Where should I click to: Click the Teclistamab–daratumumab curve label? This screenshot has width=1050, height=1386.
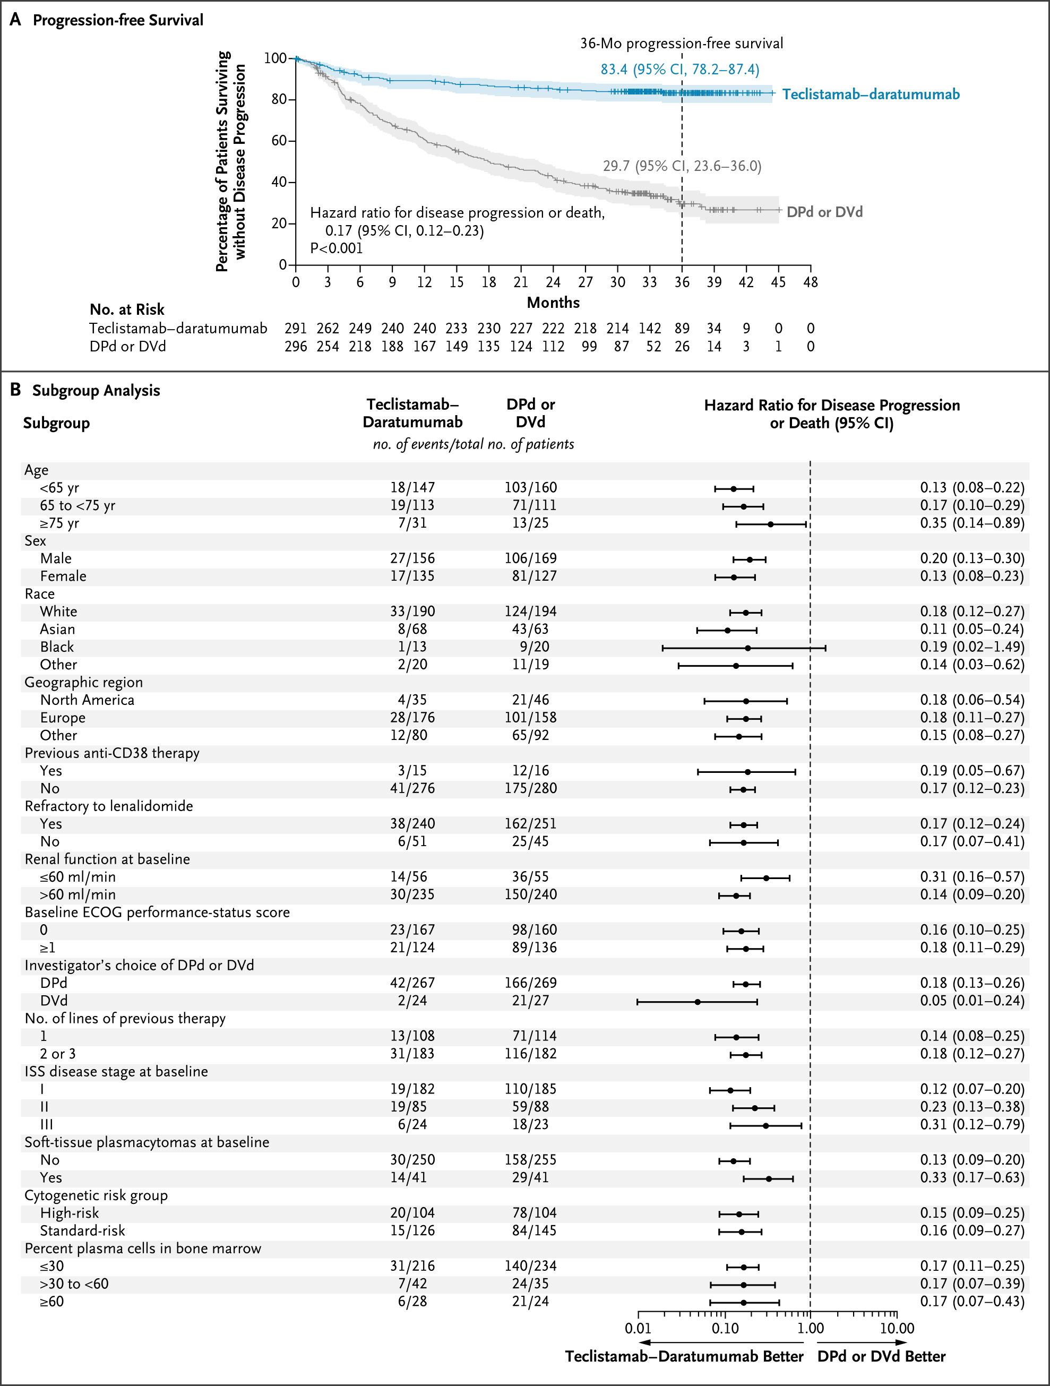[x=870, y=94]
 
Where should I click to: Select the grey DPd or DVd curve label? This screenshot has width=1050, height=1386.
[x=824, y=212]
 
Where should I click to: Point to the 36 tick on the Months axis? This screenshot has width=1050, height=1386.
[x=682, y=282]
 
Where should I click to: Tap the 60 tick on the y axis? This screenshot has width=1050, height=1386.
[x=279, y=140]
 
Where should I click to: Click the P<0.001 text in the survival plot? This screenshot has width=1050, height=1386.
[x=337, y=248]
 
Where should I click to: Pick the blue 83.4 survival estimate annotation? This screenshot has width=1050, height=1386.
[x=680, y=69]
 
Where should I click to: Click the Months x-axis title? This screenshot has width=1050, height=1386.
[x=553, y=303]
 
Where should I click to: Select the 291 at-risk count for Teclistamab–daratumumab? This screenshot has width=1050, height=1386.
[x=296, y=329]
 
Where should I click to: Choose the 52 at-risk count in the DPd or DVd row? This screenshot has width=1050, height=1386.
[x=653, y=347]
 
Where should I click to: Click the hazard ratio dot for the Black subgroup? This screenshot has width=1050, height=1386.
[x=747, y=648]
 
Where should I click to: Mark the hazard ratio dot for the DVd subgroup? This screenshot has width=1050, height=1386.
[x=698, y=1002]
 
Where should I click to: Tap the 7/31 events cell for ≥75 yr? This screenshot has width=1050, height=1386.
[x=412, y=522]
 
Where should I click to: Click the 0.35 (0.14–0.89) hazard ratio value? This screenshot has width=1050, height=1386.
[x=971, y=522]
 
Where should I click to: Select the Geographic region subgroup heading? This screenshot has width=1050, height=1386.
[x=83, y=682]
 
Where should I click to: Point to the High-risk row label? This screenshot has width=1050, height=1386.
[x=70, y=1213]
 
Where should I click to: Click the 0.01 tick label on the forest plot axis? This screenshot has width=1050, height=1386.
[x=638, y=1328]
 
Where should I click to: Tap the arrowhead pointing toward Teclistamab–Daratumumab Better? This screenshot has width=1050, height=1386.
[x=643, y=1342]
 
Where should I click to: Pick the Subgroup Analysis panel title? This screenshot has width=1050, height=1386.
[x=96, y=390]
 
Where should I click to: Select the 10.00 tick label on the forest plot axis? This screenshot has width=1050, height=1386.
[x=897, y=1328]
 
